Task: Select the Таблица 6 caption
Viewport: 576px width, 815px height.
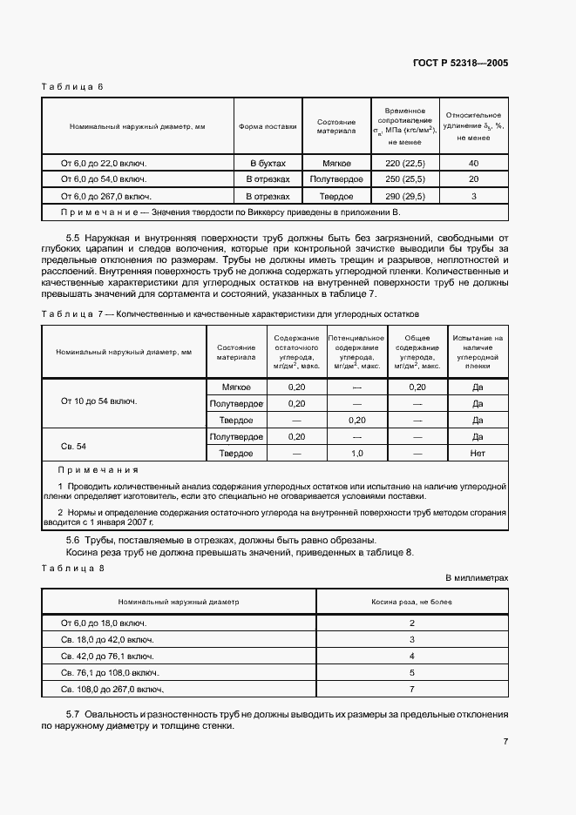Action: pos(72,87)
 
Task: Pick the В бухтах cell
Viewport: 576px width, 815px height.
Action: pos(268,163)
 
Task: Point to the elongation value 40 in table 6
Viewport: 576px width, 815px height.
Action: pos(473,163)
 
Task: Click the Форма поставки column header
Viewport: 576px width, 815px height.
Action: pos(268,126)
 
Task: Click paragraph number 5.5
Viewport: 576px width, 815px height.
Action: pos(74,238)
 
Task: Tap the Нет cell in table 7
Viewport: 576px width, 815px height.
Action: pos(477,454)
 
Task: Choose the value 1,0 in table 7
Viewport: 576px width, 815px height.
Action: pos(356,454)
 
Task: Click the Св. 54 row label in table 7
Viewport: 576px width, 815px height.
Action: pos(73,446)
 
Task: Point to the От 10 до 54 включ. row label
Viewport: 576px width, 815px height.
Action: pos(98,402)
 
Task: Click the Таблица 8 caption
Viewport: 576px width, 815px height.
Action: pos(72,568)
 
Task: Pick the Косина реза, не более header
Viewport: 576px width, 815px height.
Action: pos(411,602)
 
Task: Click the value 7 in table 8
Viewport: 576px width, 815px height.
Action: pos(411,689)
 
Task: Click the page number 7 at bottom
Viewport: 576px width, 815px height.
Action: pos(505,742)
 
